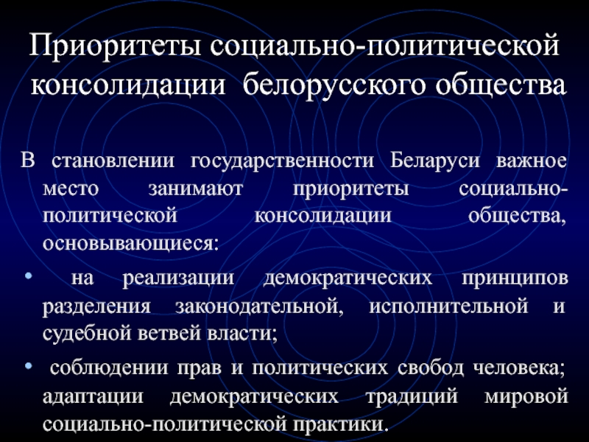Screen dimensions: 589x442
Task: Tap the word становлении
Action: pyautogui.click(x=113, y=161)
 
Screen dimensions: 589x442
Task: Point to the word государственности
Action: pyautogui.click(x=283, y=161)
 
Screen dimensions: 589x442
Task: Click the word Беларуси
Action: pyautogui.click(x=435, y=161)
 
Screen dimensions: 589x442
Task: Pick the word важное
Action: pyautogui.click(x=531, y=161)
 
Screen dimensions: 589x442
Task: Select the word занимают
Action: pyautogui.click(x=195, y=189)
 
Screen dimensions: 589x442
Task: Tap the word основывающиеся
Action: pyautogui.click(x=130, y=244)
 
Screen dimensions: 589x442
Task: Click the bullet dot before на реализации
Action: pyautogui.click(x=28, y=276)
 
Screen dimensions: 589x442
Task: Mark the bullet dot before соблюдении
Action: pyautogui.click(x=28, y=365)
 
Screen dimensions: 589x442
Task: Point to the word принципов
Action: pyautogui.click(x=515, y=279)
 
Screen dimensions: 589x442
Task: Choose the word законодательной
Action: pyautogui.click(x=260, y=307)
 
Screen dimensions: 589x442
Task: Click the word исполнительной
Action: pyautogui.click(x=448, y=306)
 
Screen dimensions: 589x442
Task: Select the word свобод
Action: pyautogui.click(x=431, y=367)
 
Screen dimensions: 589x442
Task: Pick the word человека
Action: pyautogui.click(x=519, y=368)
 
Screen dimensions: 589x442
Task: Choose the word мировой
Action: pyautogui.click(x=526, y=396)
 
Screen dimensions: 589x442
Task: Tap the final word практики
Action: pyautogui.click(x=340, y=425)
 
